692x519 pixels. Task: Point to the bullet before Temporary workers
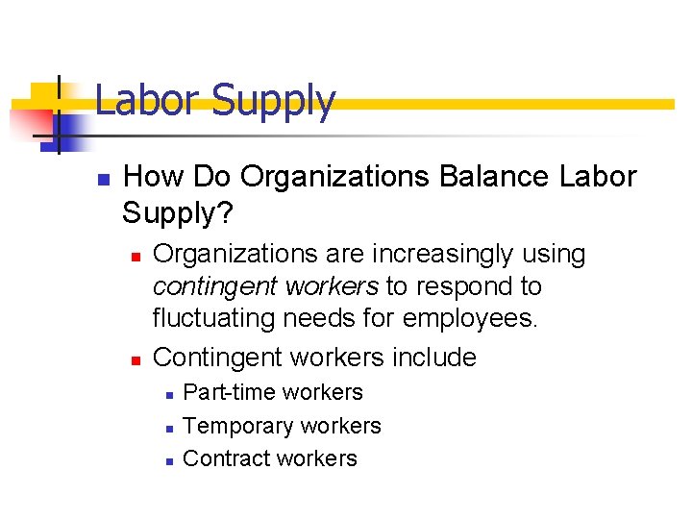tap(167, 427)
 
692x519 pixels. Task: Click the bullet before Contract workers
tap(167, 460)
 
